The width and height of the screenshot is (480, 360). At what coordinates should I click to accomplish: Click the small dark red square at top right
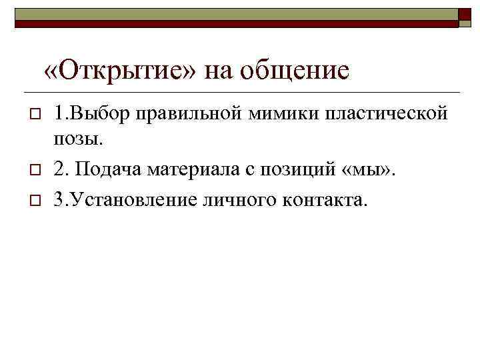pos(465,17)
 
